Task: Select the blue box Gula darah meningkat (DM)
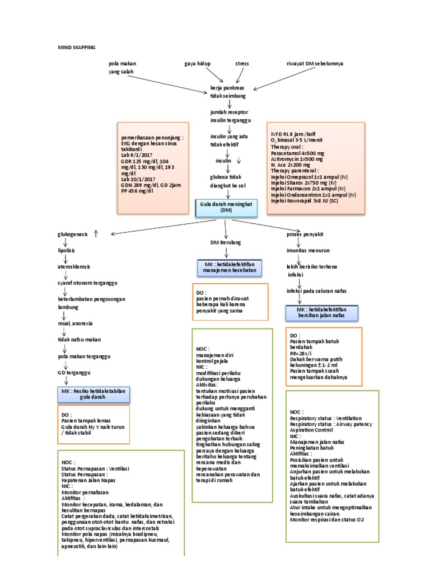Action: (x=226, y=207)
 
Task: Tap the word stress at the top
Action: (x=242, y=64)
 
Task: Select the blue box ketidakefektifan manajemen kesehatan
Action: (x=226, y=268)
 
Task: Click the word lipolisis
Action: (x=66, y=252)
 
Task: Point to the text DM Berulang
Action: (x=226, y=242)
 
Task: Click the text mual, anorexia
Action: (x=76, y=323)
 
